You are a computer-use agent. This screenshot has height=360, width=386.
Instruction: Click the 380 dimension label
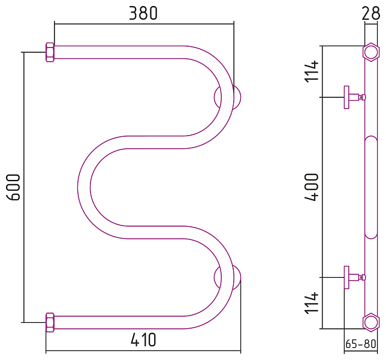143,13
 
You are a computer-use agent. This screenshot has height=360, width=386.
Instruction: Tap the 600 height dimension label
13,187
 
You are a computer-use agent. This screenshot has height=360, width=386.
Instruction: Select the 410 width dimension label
143,340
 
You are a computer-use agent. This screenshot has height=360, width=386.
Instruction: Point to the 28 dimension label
371,13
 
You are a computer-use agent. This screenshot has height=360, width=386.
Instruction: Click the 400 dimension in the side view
312,187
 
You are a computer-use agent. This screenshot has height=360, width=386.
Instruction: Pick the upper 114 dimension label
312,71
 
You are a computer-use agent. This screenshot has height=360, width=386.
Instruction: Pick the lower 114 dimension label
312,303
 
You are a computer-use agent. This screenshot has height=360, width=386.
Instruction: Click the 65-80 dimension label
361,344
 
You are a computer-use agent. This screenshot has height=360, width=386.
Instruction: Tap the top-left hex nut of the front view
50,52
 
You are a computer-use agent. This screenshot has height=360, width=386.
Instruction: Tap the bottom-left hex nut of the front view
50,322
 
